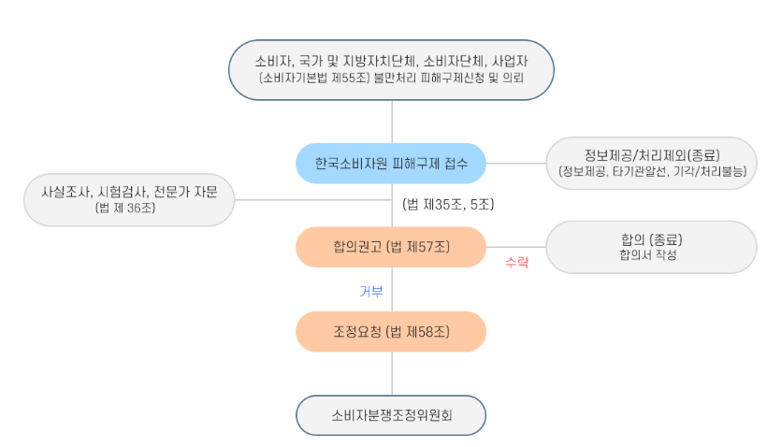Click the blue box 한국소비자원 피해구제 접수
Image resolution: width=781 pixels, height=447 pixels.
tap(391, 164)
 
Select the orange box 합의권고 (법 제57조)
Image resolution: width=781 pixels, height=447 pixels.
tap(391, 247)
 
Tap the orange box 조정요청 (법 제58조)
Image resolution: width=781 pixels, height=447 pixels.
tap(391, 331)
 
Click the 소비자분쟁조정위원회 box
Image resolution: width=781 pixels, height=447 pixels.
tap(391, 415)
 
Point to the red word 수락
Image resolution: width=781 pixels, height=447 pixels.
tap(516, 263)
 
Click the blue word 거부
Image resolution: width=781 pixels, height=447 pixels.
tap(371, 291)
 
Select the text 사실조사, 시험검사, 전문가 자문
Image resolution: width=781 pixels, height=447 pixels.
tap(129, 191)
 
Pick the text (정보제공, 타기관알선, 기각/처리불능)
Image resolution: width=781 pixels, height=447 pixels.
tap(652, 172)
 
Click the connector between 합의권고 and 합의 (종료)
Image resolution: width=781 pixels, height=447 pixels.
tap(515, 247)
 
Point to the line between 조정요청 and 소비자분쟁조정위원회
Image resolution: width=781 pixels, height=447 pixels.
tap(392, 373)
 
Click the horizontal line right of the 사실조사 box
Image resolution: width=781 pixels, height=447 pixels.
tap(309, 199)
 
